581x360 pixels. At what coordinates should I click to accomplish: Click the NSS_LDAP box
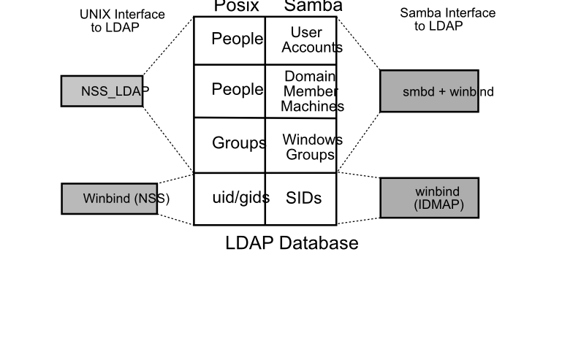[x=102, y=91]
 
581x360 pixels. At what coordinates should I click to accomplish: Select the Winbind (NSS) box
[x=110, y=199]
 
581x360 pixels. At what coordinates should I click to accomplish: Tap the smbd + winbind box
[x=429, y=91]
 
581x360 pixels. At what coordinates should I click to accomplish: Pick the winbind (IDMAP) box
[x=429, y=198]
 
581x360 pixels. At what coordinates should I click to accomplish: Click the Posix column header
[x=236, y=7]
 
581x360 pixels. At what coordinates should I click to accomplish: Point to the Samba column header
[x=313, y=7]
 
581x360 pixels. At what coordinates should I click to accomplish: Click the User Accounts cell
[x=301, y=40]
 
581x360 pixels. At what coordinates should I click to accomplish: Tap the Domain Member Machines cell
[x=301, y=91]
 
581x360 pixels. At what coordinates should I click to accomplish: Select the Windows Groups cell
[x=301, y=146]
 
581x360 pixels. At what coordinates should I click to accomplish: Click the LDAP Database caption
[x=292, y=243]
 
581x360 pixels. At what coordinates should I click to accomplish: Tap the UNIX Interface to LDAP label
[x=121, y=20]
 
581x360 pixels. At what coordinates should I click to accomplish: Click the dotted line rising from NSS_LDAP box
[x=168, y=45]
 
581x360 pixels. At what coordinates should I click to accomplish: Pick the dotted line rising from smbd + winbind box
[x=358, y=43]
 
